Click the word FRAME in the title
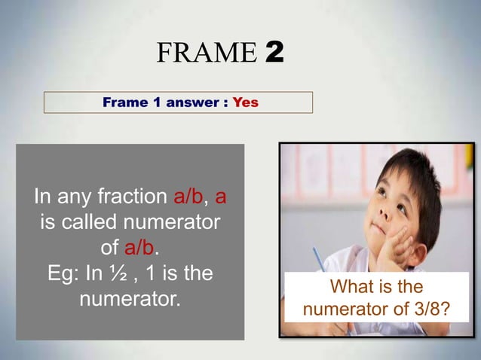point(207,53)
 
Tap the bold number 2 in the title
point(274,53)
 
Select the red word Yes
point(245,102)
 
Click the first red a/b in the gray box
point(188,197)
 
